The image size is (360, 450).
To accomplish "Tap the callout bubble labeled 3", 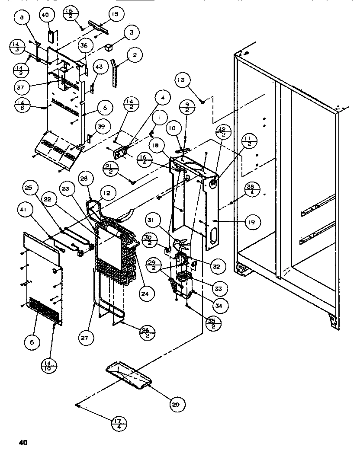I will pyautogui.click(x=131, y=32).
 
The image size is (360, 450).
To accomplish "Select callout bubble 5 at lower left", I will pyautogui.click(x=32, y=342).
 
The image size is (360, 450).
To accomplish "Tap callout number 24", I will pyautogui.click(x=147, y=294).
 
